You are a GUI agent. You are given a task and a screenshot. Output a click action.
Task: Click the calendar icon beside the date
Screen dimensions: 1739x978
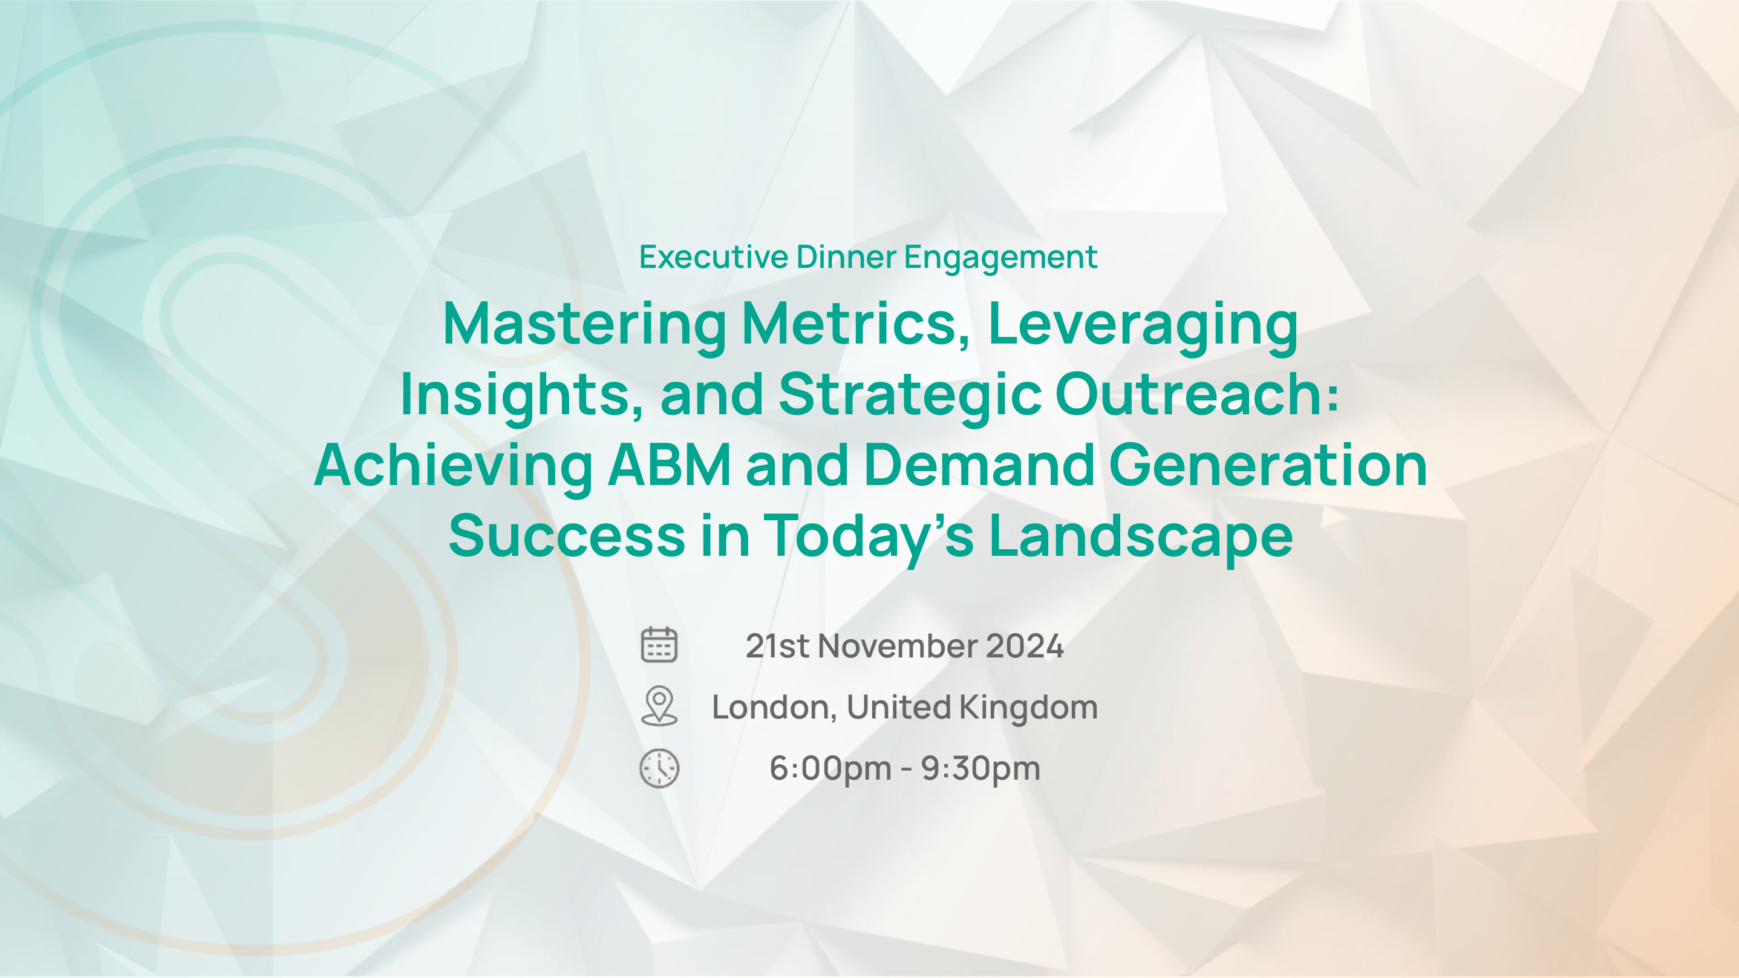[659, 645]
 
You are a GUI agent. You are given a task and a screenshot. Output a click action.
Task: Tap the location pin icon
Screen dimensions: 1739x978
[659, 706]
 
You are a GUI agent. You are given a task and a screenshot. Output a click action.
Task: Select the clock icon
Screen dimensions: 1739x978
[659, 768]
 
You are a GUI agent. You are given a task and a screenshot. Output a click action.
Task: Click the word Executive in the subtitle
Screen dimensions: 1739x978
[714, 257]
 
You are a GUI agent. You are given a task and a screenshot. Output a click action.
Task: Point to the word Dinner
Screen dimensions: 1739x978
[847, 257]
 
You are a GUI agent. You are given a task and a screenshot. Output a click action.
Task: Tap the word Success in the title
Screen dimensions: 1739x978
[567, 536]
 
